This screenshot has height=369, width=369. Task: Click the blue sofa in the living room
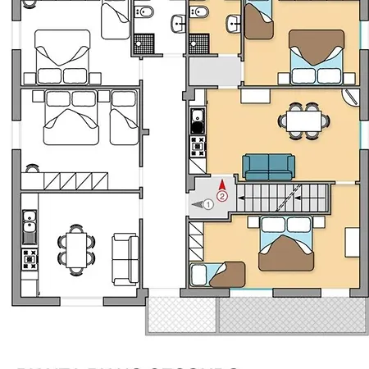(268, 167)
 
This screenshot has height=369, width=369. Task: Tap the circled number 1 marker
(208, 204)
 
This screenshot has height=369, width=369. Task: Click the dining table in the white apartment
(77, 248)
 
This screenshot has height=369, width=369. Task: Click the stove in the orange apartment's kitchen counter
(198, 148)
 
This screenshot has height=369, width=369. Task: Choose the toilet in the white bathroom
(144, 13)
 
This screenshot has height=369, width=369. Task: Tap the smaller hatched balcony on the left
(181, 315)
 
